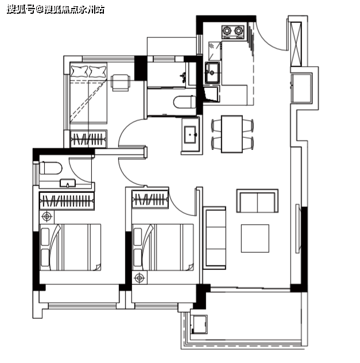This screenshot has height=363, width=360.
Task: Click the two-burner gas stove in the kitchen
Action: click(233, 32)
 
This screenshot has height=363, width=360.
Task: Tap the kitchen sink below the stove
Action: click(212, 73)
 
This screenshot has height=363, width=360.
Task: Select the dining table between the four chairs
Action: click(232, 134)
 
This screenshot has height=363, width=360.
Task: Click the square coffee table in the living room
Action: click(255, 238)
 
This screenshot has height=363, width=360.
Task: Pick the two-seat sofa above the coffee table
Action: click(257, 200)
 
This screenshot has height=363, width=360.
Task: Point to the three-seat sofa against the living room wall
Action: click(215, 238)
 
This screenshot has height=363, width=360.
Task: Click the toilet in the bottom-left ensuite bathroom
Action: click(51, 168)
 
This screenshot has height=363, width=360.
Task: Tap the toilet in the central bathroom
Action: click(185, 102)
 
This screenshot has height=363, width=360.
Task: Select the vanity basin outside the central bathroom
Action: click(191, 134)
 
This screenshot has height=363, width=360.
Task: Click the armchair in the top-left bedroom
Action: click(121, 83)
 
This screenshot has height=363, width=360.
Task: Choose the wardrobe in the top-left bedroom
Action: click(88, 139)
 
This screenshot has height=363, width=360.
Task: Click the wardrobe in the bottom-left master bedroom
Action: click(67, 200)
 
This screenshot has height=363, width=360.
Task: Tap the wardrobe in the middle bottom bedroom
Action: click(150, 199)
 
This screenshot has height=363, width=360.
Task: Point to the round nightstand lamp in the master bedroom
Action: click(47, 217)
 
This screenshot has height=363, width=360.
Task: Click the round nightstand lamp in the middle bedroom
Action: click(140, 278)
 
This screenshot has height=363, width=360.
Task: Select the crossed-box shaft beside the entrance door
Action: click(296, 44)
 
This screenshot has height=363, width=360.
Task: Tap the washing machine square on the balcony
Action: click(199, 324)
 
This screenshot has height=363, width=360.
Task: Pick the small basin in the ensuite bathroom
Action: click(68, 183)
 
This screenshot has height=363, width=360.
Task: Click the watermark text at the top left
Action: click(56, 10)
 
